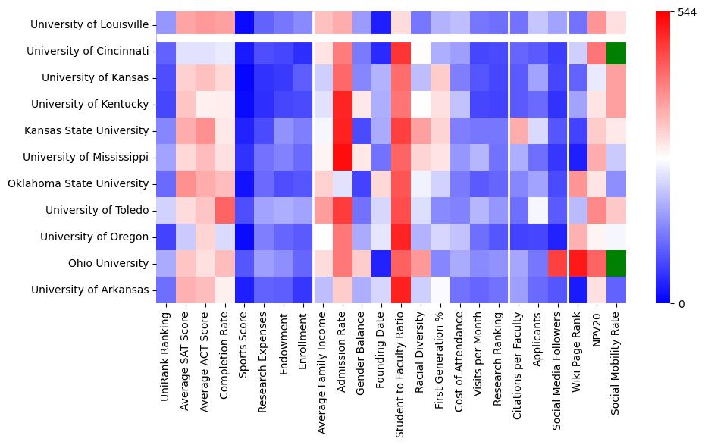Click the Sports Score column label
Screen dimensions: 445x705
(x=244, y=341)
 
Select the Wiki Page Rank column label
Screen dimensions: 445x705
(x=578, y=349)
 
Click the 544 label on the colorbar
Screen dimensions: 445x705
(x=687, y=13)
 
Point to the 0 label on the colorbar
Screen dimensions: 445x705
(x=681, y=304)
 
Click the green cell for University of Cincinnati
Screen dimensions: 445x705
(x=617, y=51)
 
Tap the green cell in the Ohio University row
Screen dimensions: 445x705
(x=617, y=263)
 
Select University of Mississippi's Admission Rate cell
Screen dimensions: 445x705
(x=342, y=157)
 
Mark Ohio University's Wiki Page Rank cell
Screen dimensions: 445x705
(x=578, y=263)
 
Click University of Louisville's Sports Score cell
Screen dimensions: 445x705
(x=244, y=25)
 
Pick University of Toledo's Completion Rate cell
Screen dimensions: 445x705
(x=224, y=210)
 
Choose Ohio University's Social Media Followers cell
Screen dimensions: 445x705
(x=558, y=263)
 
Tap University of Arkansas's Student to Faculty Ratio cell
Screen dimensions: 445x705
(x=401, y=290)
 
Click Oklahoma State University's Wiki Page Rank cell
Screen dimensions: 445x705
(x=578, y=183)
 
